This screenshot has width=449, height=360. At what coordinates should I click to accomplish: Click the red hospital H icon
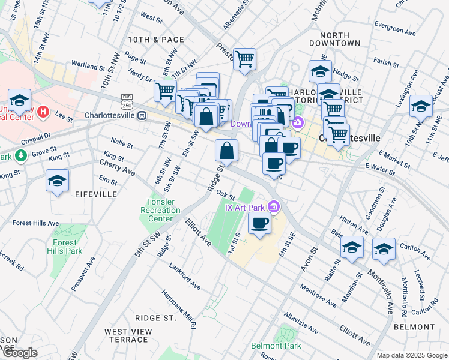(43, 112)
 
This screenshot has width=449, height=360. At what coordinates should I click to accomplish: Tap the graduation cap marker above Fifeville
(57, 181)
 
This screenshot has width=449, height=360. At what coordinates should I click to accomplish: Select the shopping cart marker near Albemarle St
(244, 59)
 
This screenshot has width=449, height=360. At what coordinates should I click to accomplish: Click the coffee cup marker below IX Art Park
(259, 223)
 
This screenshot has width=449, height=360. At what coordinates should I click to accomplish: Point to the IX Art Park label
(245, 208)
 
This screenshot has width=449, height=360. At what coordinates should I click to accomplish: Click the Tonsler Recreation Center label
(160, 211)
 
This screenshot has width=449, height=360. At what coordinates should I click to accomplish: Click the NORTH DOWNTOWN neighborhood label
(335, 38)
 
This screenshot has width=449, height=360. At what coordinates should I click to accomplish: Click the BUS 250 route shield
(126, 99)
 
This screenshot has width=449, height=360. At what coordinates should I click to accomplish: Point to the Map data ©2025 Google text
(412, 355)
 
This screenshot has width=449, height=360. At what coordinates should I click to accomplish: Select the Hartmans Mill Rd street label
(179, 310)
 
